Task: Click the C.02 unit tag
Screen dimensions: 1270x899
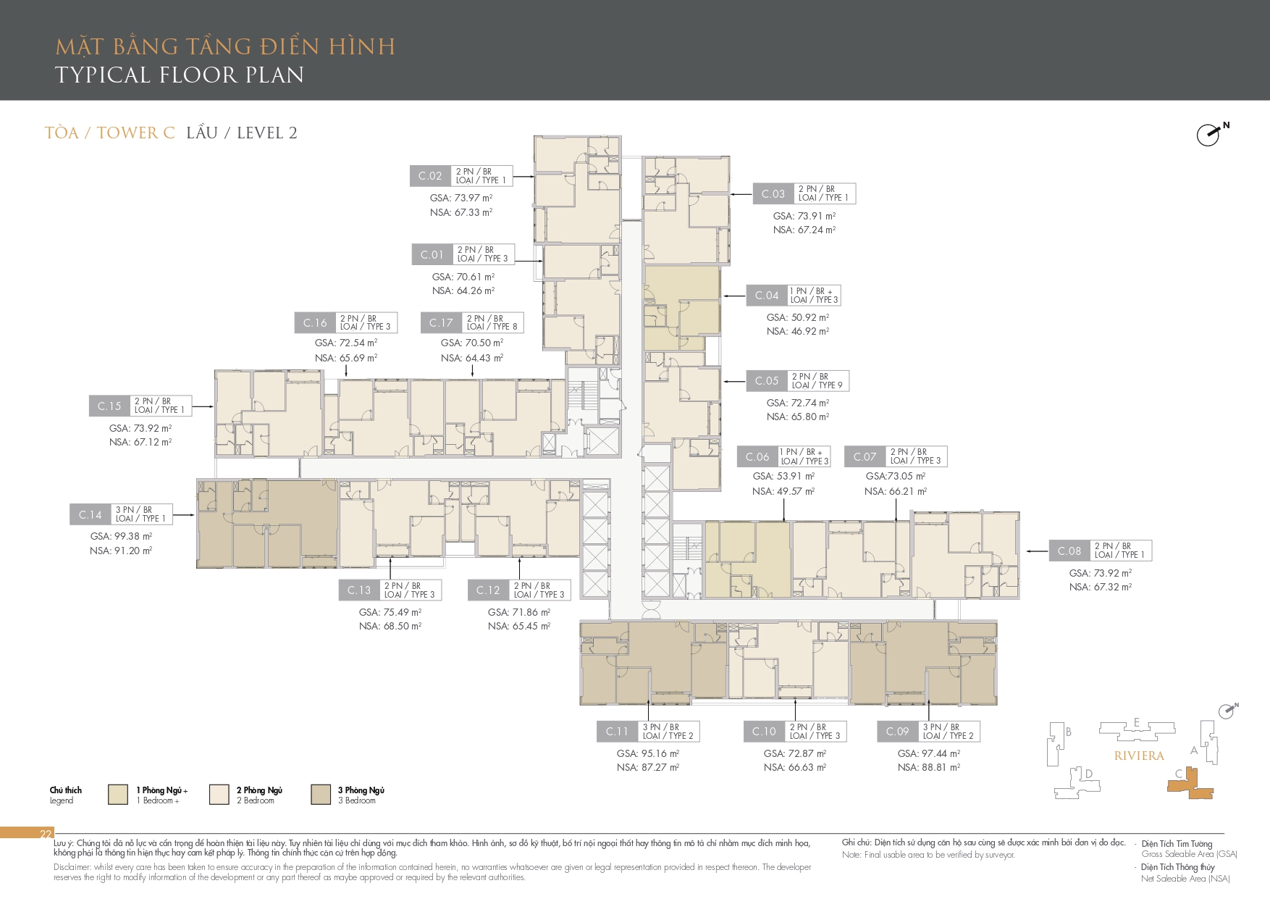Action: pos(430,176)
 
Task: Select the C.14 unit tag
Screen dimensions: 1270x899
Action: pos(91,514)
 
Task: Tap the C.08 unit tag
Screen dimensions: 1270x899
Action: pos(1069,551)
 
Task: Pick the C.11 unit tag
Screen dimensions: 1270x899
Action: pos(618,732)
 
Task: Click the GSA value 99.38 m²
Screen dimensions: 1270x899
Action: pos(121,536)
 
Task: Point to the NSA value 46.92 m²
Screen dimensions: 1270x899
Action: pos(798,331)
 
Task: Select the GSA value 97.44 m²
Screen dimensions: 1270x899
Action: pos(929,753)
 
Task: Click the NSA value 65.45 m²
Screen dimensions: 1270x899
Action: pos(519,626)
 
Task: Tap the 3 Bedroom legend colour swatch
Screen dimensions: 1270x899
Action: pos(321,794)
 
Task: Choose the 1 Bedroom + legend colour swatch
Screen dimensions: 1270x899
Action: pos(118,794)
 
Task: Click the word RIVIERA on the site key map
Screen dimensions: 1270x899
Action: pos(1139,756)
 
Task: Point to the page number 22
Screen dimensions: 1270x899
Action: pos(46,834)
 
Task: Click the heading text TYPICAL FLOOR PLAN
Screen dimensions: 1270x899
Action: pos(180,75)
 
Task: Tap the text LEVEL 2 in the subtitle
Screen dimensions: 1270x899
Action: pos(267,133)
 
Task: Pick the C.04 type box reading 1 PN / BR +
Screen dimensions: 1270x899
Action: pos(814,296)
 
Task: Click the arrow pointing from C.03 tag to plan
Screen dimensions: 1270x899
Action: pos(741,194)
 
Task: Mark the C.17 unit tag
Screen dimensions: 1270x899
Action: pos(441,323)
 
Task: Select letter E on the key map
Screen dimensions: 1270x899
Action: pos(1137,722)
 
